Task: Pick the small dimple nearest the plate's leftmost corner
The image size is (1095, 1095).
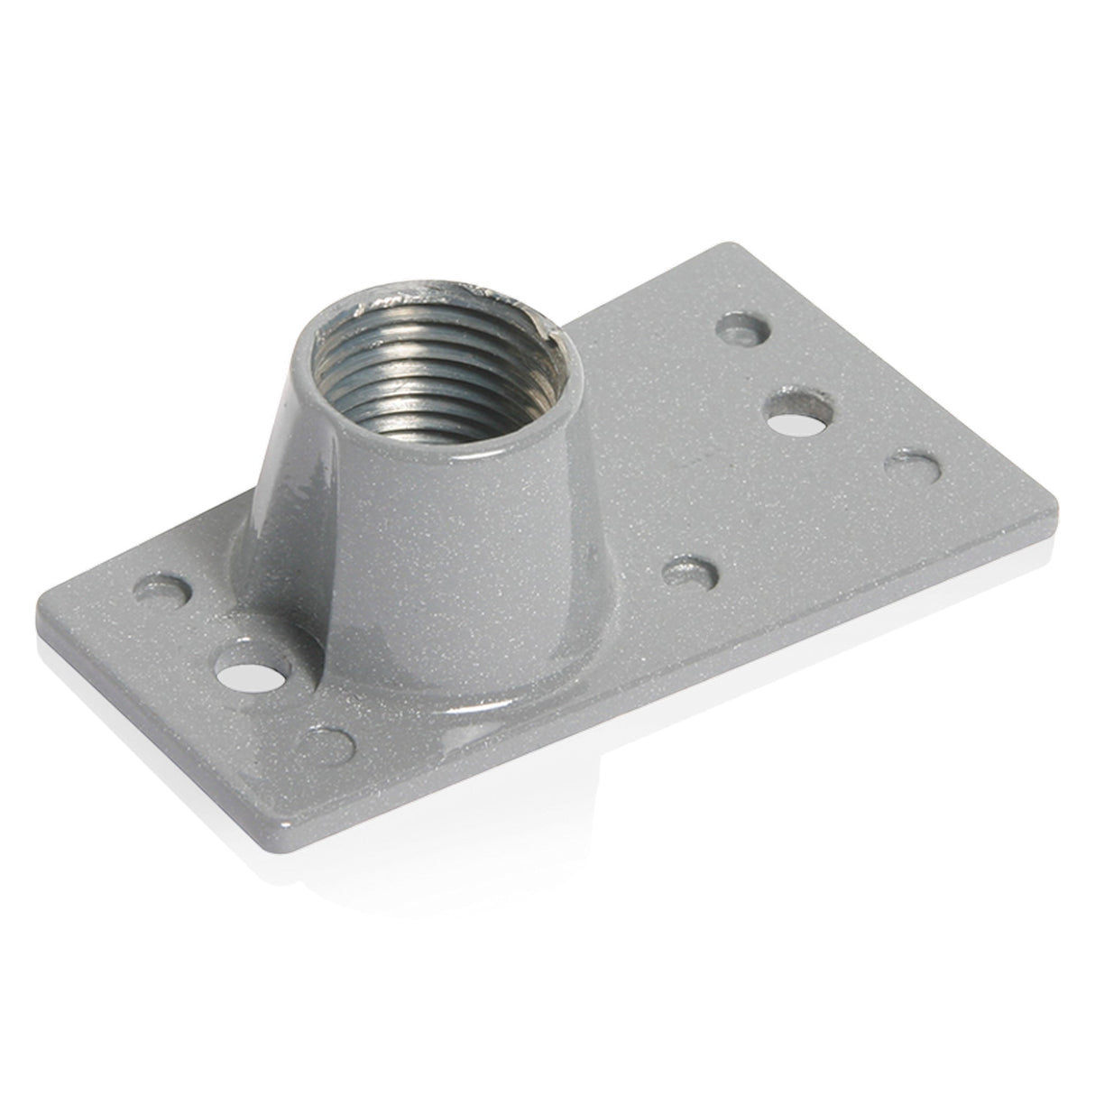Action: tap(169, 592)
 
